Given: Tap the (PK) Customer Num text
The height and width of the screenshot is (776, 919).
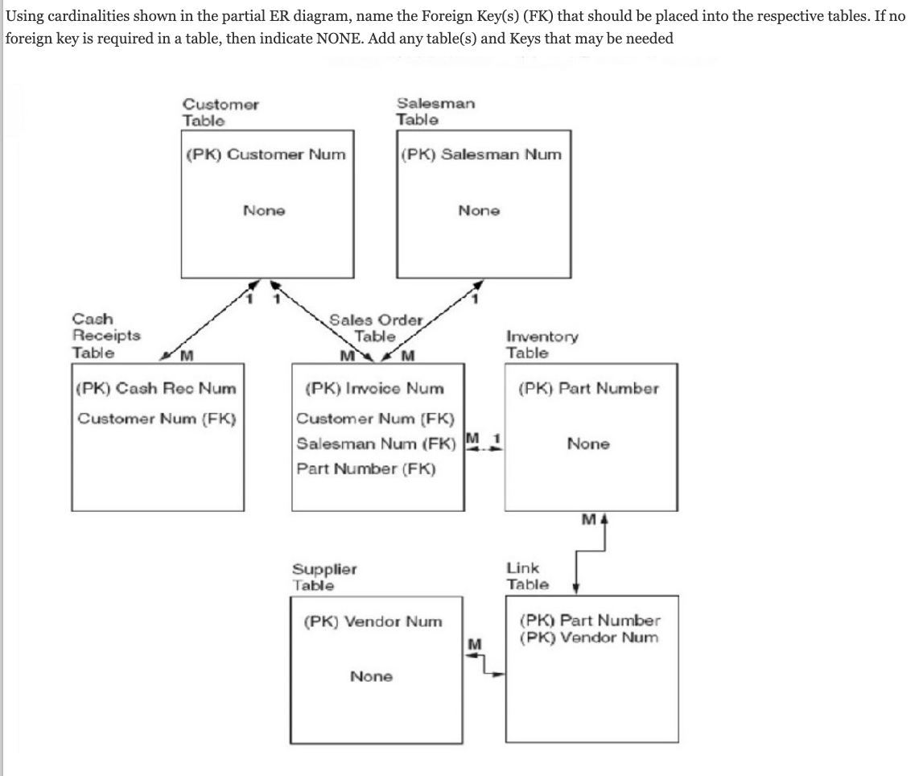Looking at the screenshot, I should click(x=266, y=155).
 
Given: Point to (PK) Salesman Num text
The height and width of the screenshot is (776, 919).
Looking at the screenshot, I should click(x=480, y=155).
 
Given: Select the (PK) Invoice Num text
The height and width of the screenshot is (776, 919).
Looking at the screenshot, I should click(x=375, y=388).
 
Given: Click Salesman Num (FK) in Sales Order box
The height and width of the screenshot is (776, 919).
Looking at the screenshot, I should click(x=376, y=444).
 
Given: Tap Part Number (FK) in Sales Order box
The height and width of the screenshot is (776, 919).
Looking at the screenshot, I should click(x=366, y=468).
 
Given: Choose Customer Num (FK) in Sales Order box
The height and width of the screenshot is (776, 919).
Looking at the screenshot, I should click(x=376, y=418).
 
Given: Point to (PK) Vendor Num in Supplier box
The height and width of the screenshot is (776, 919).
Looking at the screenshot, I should click(x=373, y=621).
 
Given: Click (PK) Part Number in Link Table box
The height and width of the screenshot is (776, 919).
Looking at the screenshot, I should click(x=590, y=621).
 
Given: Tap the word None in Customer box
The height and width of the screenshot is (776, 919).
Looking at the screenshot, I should click(x=264, y=211).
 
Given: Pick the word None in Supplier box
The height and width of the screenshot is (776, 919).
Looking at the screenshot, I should click(x=371, y=677).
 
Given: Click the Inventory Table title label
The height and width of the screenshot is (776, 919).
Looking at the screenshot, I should click(x=542, y=345).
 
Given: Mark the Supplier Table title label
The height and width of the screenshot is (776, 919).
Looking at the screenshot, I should click(x=324, y=577).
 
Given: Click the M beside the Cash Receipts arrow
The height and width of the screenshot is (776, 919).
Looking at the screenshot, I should click(x=188, y=356).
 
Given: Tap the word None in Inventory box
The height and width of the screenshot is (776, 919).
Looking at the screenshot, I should click(x=588, y=444).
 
